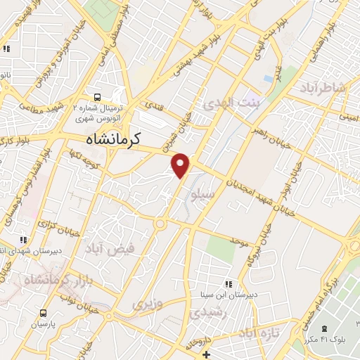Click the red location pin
[x=181, y=165]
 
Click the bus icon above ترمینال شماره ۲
[x=97, y=98]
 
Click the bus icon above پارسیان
[x=44, y=313]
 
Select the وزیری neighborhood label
[x=148, y=304]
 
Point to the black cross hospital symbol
[x=205, y=354]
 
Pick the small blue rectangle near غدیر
[x=268, y=79]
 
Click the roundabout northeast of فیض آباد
[x=161, y=224]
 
